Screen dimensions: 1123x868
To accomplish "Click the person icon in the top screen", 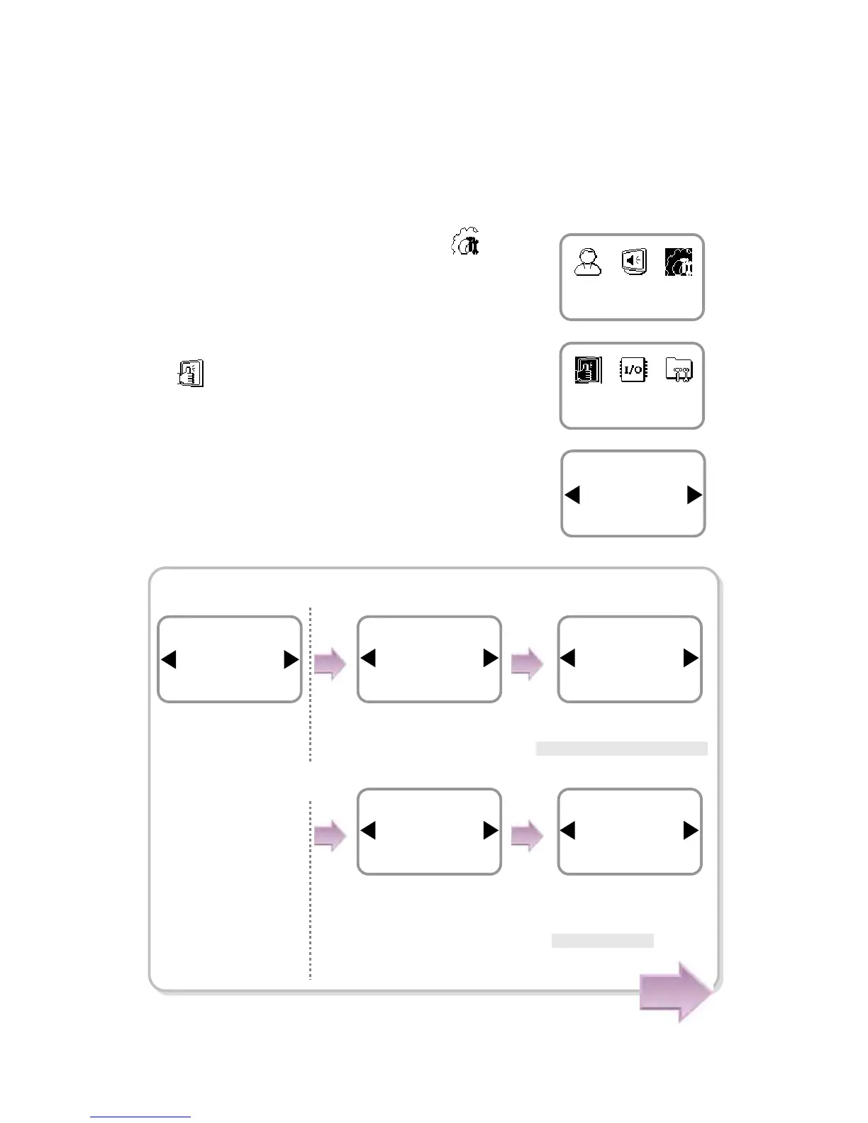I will point(588,262).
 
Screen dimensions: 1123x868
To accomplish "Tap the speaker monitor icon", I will point(633,262).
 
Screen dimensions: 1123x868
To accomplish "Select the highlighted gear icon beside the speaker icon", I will point(679,262).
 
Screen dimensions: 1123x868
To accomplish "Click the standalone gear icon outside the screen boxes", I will point(466,242).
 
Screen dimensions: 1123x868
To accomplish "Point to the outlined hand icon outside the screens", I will point(190,373).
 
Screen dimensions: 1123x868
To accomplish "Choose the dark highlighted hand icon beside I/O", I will point(588,369).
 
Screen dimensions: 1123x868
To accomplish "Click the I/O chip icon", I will point(633,369).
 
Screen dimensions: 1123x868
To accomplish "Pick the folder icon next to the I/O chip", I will point(679,369).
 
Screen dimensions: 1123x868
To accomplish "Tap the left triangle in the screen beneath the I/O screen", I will point(573,494).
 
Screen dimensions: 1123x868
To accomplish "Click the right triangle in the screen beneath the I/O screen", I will point(694,494).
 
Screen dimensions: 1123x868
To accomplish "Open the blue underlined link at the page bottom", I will point(140,1117).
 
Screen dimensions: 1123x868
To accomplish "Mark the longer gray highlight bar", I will point(621,749).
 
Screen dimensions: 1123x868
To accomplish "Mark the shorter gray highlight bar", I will point(602,941).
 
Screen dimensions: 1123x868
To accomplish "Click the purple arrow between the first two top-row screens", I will point(330,664).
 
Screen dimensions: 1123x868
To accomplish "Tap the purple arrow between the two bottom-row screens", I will point(526,836).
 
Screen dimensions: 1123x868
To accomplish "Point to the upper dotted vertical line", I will point(311,684).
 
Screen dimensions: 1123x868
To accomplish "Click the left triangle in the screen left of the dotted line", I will point(169,659).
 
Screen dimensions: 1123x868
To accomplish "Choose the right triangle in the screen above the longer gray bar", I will point(690,658).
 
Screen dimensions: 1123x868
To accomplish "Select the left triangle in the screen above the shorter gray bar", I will point(567,830).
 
